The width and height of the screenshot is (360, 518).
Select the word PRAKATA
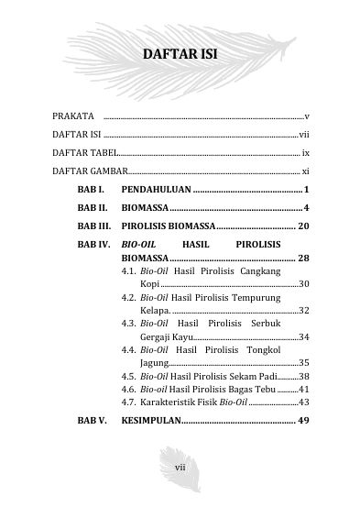coord(73,116)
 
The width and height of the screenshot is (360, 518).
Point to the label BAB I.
coord(90,190)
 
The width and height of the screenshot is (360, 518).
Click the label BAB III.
coord(94,226)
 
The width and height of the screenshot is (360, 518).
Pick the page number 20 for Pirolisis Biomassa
coord(305,226)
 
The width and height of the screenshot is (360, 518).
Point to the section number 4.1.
coord(129,272)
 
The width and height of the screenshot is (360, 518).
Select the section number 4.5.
coord(129,377)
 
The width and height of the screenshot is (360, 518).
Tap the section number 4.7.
coord(129,402)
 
